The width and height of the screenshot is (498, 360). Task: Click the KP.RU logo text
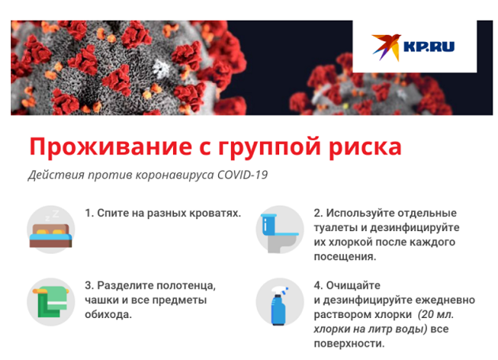(x=428, y=47)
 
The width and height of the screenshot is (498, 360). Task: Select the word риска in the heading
(x=365, y=147)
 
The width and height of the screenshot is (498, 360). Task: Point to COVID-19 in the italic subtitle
(x=243, y=175)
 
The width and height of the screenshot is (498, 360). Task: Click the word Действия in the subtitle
(x=56, y=175)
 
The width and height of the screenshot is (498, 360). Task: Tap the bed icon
(x=51, y=229)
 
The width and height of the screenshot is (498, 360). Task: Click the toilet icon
(x=280, y=229)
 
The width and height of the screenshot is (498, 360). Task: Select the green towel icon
(x=51, y=301)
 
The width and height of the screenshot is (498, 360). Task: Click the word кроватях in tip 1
(x=215, y=213)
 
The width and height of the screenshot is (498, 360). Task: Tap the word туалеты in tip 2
(x=339, y=228)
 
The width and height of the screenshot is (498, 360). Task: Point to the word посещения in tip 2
(x=345, y=256)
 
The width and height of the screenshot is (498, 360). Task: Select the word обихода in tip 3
(x=108, y=315)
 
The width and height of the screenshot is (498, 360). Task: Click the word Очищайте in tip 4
(x=353, y=286)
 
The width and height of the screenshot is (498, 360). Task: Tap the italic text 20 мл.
(x=436, y=315)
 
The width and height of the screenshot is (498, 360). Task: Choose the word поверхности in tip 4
(x=349, y=343)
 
